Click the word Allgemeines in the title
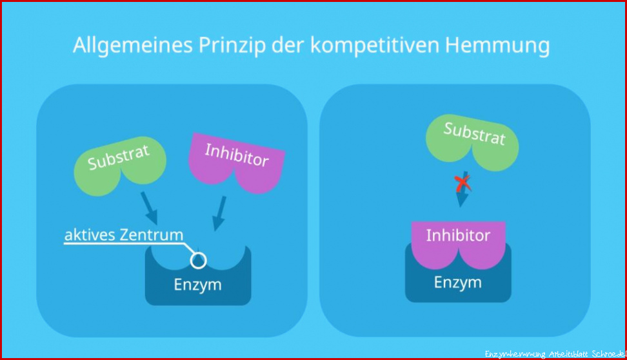133,46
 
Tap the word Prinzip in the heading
232,46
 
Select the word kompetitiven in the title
375,46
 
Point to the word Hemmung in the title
497,46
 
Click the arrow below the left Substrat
149,208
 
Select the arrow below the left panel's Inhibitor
219,213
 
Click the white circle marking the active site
198,261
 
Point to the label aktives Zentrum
124,235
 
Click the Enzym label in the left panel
197,285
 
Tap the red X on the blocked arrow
463,184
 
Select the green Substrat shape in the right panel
472,142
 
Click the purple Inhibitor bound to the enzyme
458,245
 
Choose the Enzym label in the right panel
458,283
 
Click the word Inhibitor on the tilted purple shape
237,155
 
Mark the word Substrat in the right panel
475,134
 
